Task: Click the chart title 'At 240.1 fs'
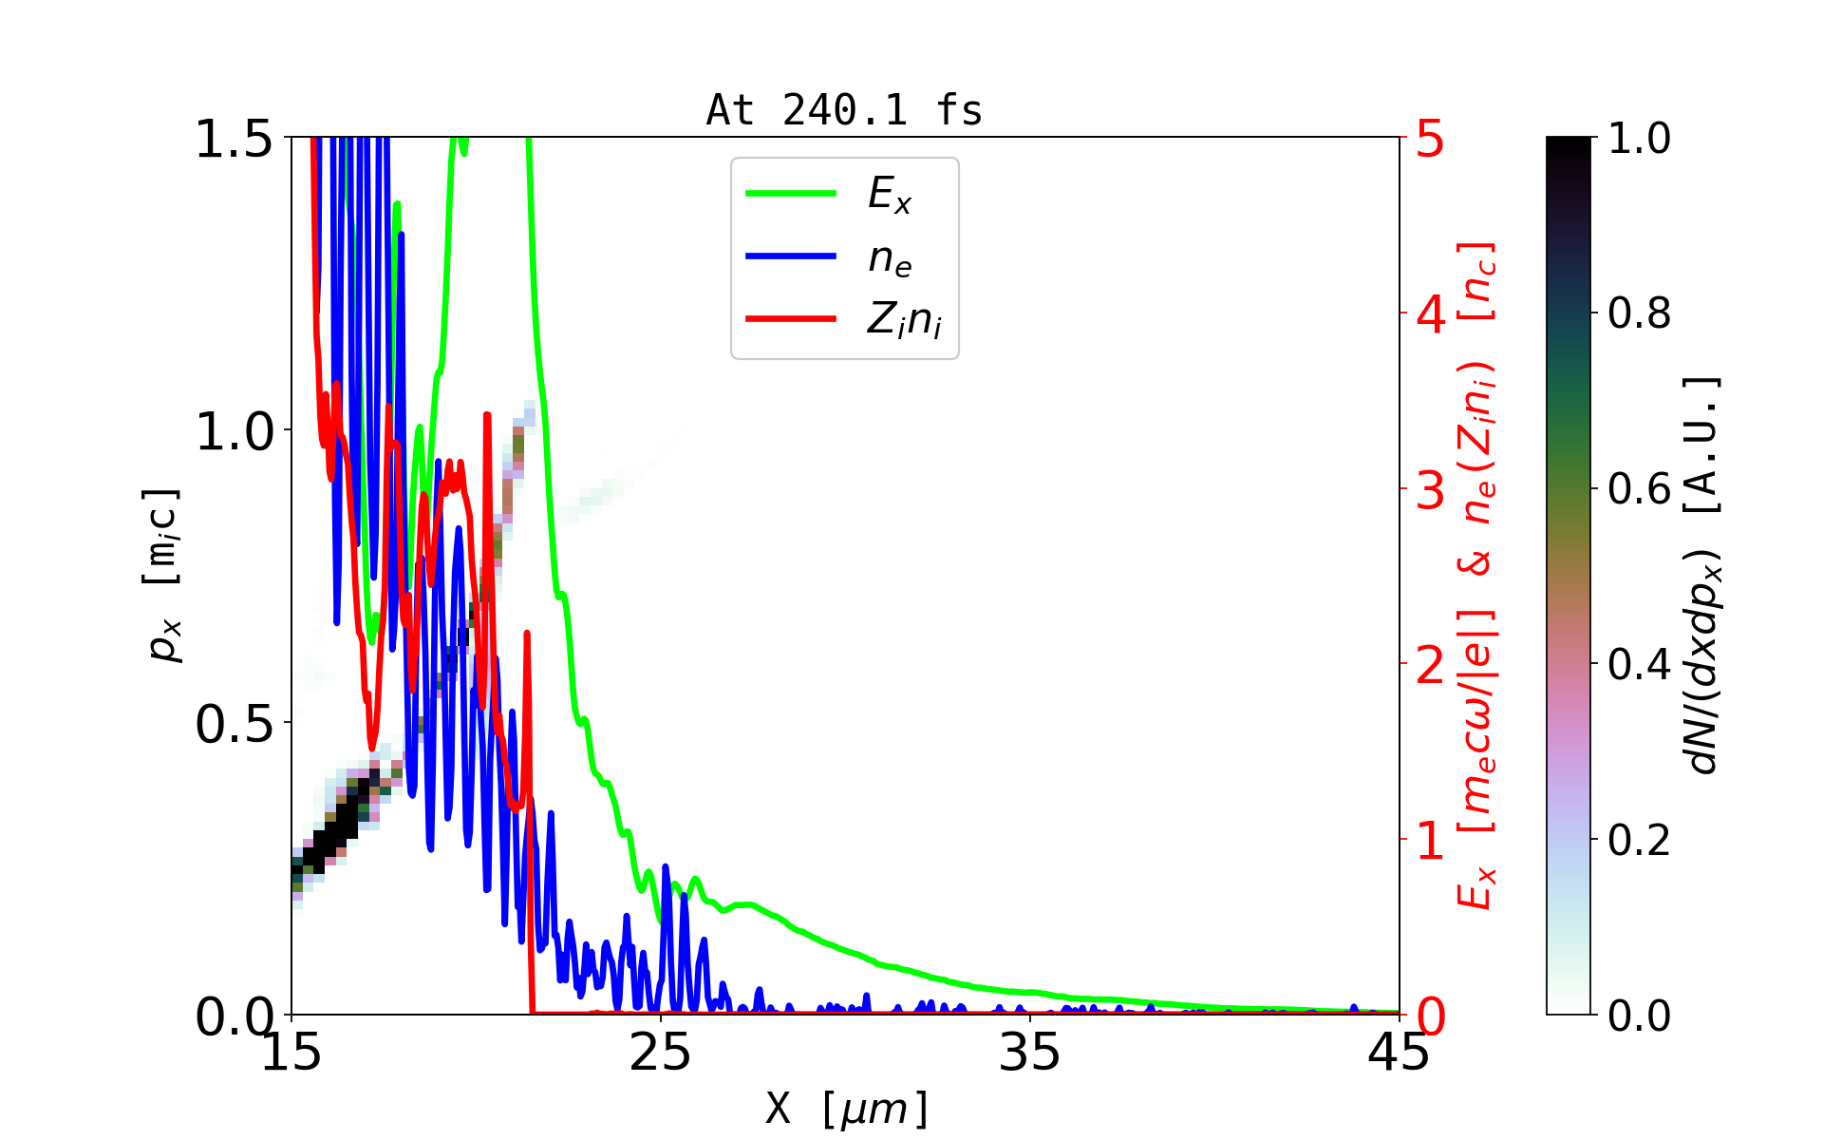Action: (844, 110)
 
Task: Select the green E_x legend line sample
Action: (791, 193)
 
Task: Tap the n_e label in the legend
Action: (890, 257)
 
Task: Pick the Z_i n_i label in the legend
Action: (904, 320)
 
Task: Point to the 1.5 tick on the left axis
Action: (234, 140)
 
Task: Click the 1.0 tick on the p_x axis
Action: (234, 432)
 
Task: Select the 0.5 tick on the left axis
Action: (234, 725)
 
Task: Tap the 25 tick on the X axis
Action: (661, 1053)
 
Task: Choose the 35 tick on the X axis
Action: (1030, 1053)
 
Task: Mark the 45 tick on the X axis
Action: (1399, 1053)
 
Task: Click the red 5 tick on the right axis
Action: (1430, 140)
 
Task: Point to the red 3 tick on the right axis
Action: (1430, 491)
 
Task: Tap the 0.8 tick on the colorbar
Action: (1639, 313)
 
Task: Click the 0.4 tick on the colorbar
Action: (1639, 664)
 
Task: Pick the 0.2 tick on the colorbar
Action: (1639, 840)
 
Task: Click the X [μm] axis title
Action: (846, 1108)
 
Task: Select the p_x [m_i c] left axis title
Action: (163, 575)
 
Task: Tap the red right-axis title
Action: (1477, 575)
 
